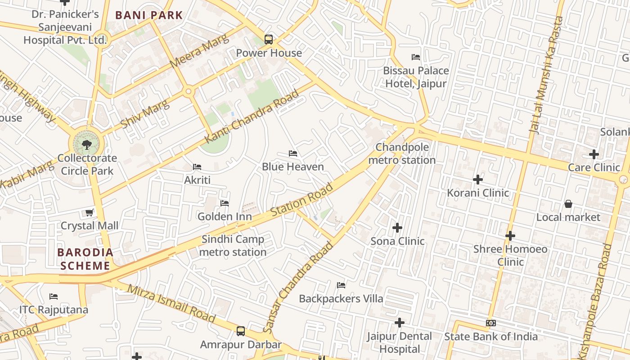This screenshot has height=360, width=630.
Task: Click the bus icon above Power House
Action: [x=269, y=40]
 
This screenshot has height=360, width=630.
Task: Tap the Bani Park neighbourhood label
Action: [x=149, y=15]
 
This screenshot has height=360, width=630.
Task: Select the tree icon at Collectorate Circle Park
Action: [x=87, y=144]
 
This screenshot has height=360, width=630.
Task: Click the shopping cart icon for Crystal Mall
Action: [x=90, y=212]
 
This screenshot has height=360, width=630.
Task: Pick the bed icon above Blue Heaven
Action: [x=293, y=153]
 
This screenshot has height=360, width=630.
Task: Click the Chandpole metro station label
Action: [x=402, y=154]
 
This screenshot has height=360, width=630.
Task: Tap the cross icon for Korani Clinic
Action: [x=477, y=180]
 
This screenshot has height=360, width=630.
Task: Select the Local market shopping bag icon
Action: [x=568, y=204]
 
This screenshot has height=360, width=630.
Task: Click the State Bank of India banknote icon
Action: [x=491, y=323]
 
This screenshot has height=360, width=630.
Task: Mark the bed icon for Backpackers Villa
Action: [x=341, y=285]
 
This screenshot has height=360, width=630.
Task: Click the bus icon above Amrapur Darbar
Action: [x=241, y=331]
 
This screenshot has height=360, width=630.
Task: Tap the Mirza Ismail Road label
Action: [x=171, y=303]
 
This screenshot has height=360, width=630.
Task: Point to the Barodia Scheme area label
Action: [x=85, y=259]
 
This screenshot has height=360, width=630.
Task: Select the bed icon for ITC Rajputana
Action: [x=54, y=297]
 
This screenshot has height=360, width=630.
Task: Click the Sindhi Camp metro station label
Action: [x=233, y=246]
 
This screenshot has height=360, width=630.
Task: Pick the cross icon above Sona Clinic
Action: [x=397, y=228]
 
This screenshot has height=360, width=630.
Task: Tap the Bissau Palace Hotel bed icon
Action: [x=416, y=57]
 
